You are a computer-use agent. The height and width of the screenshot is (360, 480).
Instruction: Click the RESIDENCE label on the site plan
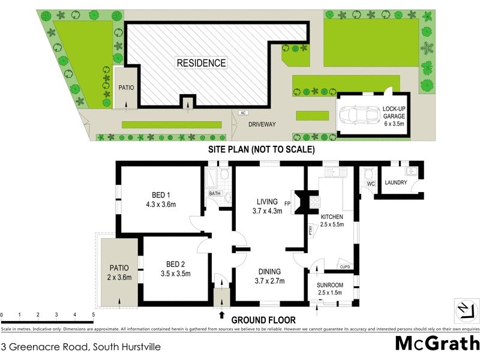pos(201,62)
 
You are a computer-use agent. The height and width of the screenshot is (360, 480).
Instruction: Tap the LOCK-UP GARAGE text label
pos(395,113)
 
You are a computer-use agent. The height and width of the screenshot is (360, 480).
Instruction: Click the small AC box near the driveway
pos(243,112)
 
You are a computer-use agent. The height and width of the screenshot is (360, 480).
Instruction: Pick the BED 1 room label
pos(161,199)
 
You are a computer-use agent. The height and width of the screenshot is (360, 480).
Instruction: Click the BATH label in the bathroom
pos(214,194)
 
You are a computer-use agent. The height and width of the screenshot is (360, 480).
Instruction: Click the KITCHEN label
pos(331,220)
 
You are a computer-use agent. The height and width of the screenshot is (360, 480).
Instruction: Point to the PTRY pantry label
pos(311,230)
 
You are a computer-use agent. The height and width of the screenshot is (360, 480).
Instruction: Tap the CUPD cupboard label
pos(344,267)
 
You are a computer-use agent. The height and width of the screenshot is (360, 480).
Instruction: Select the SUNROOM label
pos(329,288)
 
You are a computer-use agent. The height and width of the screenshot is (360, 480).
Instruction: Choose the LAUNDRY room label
pos(396,183)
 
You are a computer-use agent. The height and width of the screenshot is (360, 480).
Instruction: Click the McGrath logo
pos(436,343)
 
